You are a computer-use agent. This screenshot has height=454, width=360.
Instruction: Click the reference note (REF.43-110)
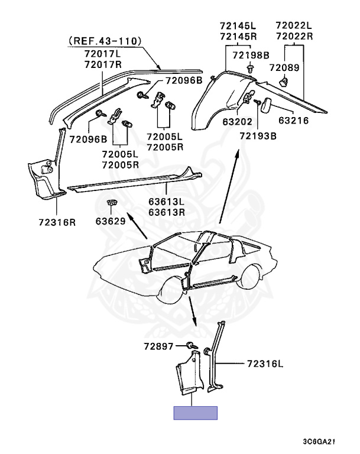(x=105, y=41)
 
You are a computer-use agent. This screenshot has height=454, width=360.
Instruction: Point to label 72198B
(x=250, y=56)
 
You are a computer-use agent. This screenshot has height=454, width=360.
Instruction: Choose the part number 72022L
(x=294, y=25)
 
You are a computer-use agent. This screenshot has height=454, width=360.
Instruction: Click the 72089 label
(x=284, y=68)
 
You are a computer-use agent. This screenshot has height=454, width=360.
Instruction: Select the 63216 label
(x=294, y=123)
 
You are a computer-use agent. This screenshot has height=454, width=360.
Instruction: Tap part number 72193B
(x=258, y=136)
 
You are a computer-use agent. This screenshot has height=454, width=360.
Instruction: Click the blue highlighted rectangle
(x=195, y=413)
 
